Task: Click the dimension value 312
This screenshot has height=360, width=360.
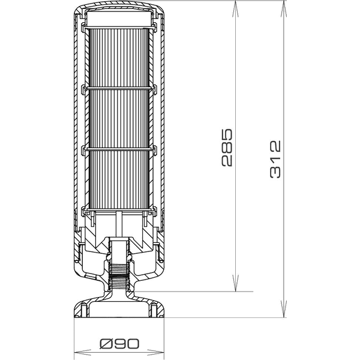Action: coord(275,158)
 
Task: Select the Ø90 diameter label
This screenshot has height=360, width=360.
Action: coord(119,344)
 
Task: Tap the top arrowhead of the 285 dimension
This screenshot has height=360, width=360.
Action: coord(235,5)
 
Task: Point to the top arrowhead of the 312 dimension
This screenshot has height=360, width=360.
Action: coord(283,5)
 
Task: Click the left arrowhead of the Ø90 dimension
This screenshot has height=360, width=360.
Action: coord(77,352)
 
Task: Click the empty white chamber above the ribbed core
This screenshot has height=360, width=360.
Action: coord(119,19)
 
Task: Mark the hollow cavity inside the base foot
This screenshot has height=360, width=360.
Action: coord(119,309)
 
